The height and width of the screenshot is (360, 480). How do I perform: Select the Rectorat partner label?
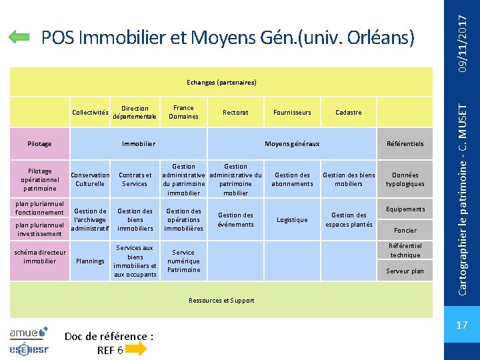point(235,113)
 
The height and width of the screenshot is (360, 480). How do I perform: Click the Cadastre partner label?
point(349,113)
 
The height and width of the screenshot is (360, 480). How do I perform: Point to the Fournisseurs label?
point(292,113)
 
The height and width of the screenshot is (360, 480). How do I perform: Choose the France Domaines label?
point(183,112)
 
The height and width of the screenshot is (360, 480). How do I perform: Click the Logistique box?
point(292,220)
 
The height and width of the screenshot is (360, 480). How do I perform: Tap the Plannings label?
point(90,261)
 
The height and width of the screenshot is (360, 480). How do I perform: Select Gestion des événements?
point(235,220)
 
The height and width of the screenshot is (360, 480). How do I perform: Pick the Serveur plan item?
point(405,271)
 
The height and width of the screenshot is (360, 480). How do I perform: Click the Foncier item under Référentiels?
point(405,231)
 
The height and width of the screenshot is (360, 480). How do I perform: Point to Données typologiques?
point(405,179)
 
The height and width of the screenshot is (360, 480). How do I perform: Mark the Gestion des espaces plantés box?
point(349,220)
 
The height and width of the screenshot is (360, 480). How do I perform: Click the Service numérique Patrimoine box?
point(183,261)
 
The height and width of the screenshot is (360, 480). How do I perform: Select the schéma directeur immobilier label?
point(39,257)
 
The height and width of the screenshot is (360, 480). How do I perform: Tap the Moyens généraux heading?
point(292,144)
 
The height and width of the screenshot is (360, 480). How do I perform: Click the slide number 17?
point(461,325)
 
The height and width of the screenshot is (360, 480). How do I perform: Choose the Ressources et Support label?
point(221,301)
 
